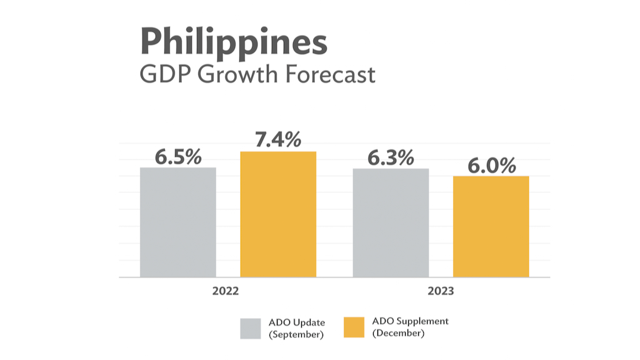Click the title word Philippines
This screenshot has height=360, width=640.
(x=234, y=43)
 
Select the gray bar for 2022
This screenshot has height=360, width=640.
(x=178, y=222)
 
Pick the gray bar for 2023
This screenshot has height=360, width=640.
(x=391, y=222)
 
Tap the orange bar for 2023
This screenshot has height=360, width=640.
(x=491, y=226)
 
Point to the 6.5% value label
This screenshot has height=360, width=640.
(x=178, y=157)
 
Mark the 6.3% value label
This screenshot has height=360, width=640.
(x=391, y=158)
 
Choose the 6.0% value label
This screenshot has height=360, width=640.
(x=492, y=166)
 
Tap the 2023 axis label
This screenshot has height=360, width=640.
(x=441, y=291)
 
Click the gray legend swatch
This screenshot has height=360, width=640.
(x=250, y=329)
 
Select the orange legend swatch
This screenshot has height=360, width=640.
(x=354, y=328)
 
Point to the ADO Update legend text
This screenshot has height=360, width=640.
(x=297, y=322)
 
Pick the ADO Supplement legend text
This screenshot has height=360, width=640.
(x=410, y=321)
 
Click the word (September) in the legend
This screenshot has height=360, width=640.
(x=296, y=335)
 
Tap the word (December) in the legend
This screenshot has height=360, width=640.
(x=398, y=334)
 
